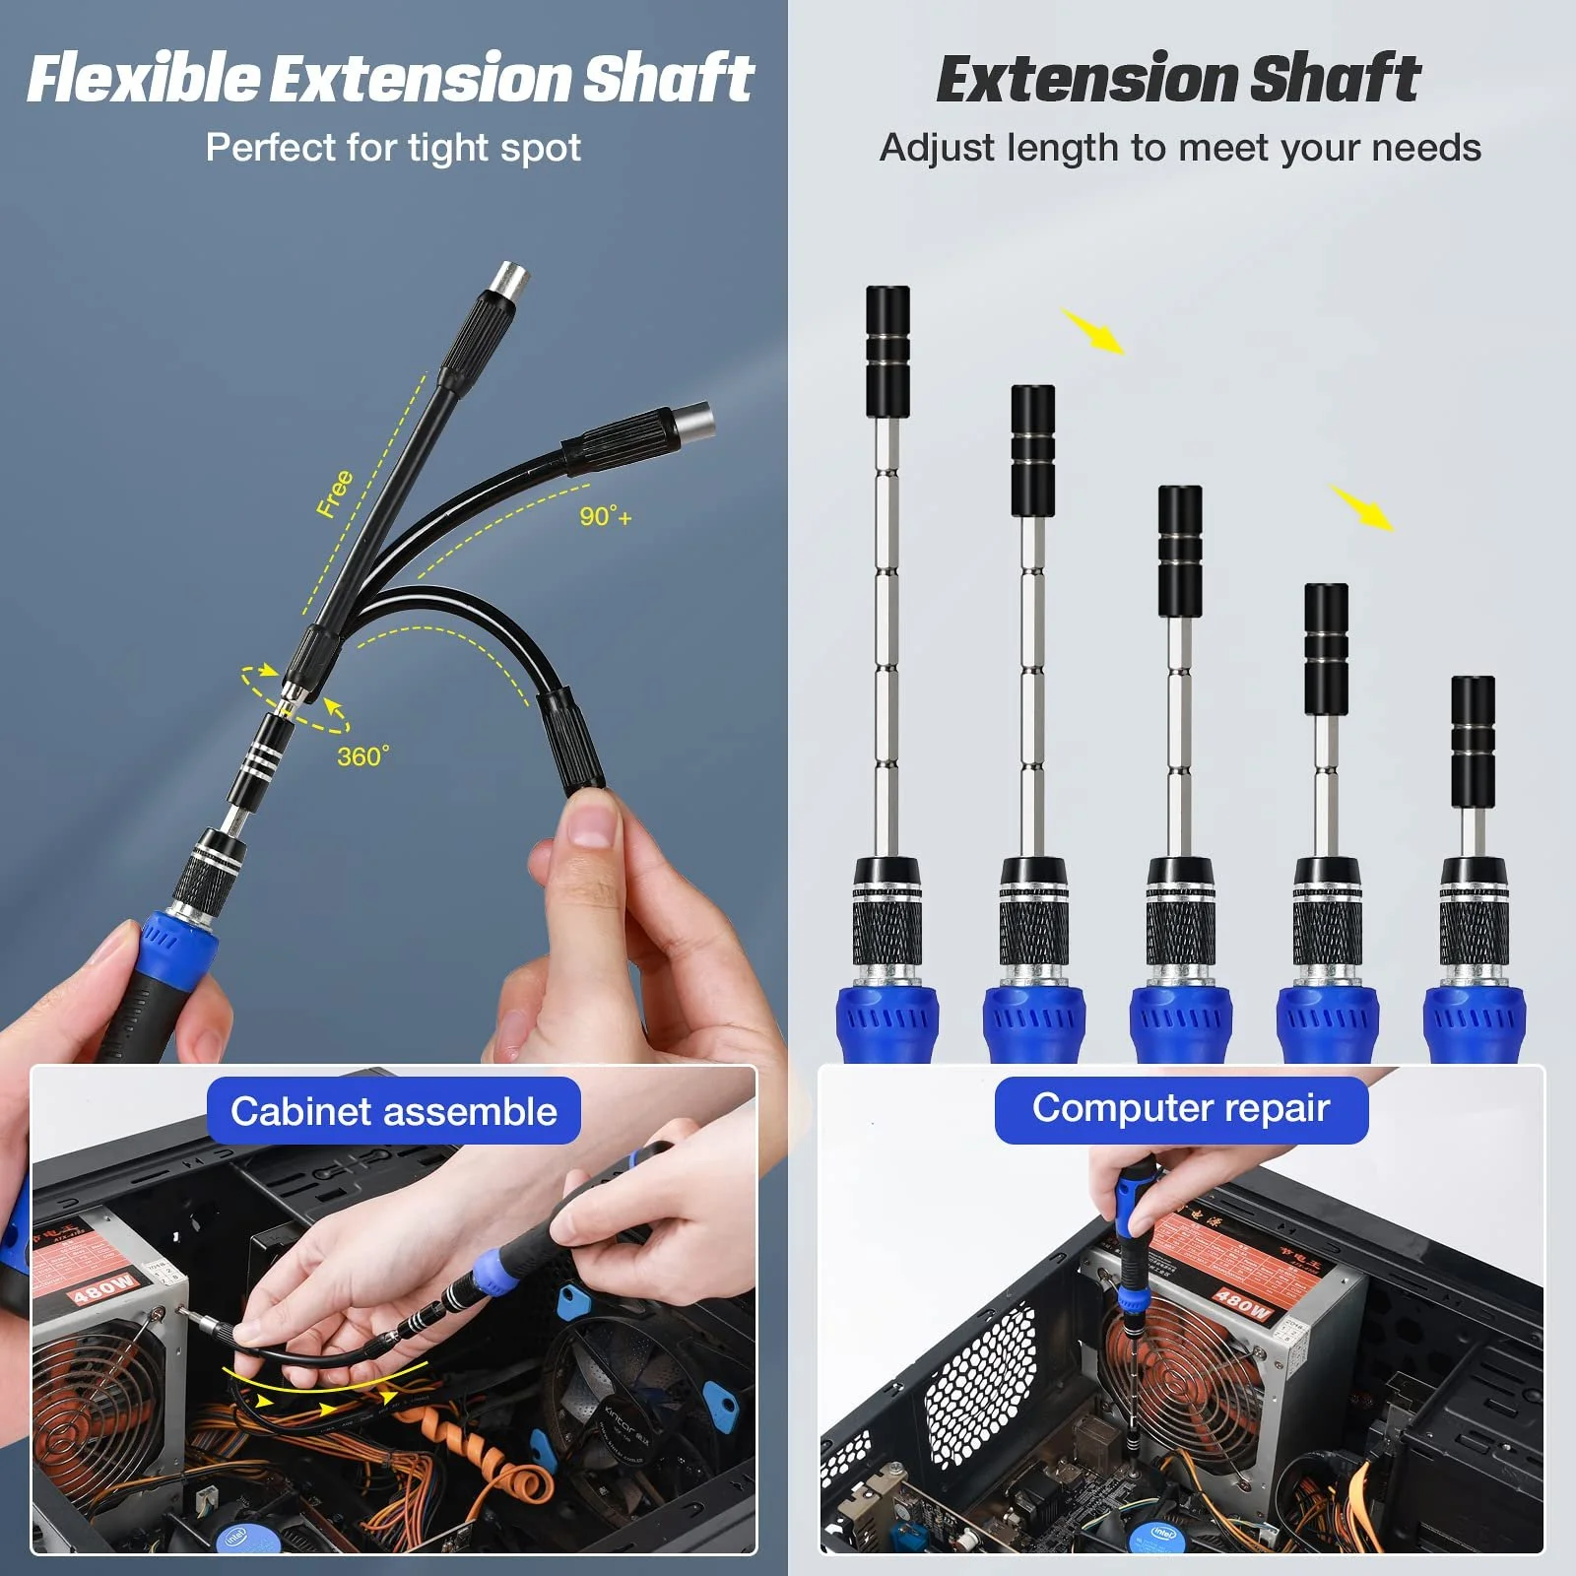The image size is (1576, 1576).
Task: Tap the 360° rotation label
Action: coord(362,756)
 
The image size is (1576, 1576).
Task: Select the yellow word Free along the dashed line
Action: coord(335,493)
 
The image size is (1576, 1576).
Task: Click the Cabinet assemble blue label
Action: coord(393,1111)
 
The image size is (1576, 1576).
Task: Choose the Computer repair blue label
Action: coord(1181,1108)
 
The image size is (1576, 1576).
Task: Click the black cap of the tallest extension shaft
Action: coord(887,351)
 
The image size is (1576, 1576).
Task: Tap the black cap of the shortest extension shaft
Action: coord(1473,741)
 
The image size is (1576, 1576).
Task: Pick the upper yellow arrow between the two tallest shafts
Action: coord(1093,331)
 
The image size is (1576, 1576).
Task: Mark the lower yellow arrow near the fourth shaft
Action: coord(1363,507)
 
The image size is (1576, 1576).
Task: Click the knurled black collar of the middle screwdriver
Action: coord(1180,931)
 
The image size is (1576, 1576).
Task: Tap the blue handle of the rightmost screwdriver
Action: coord(1474,1024)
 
